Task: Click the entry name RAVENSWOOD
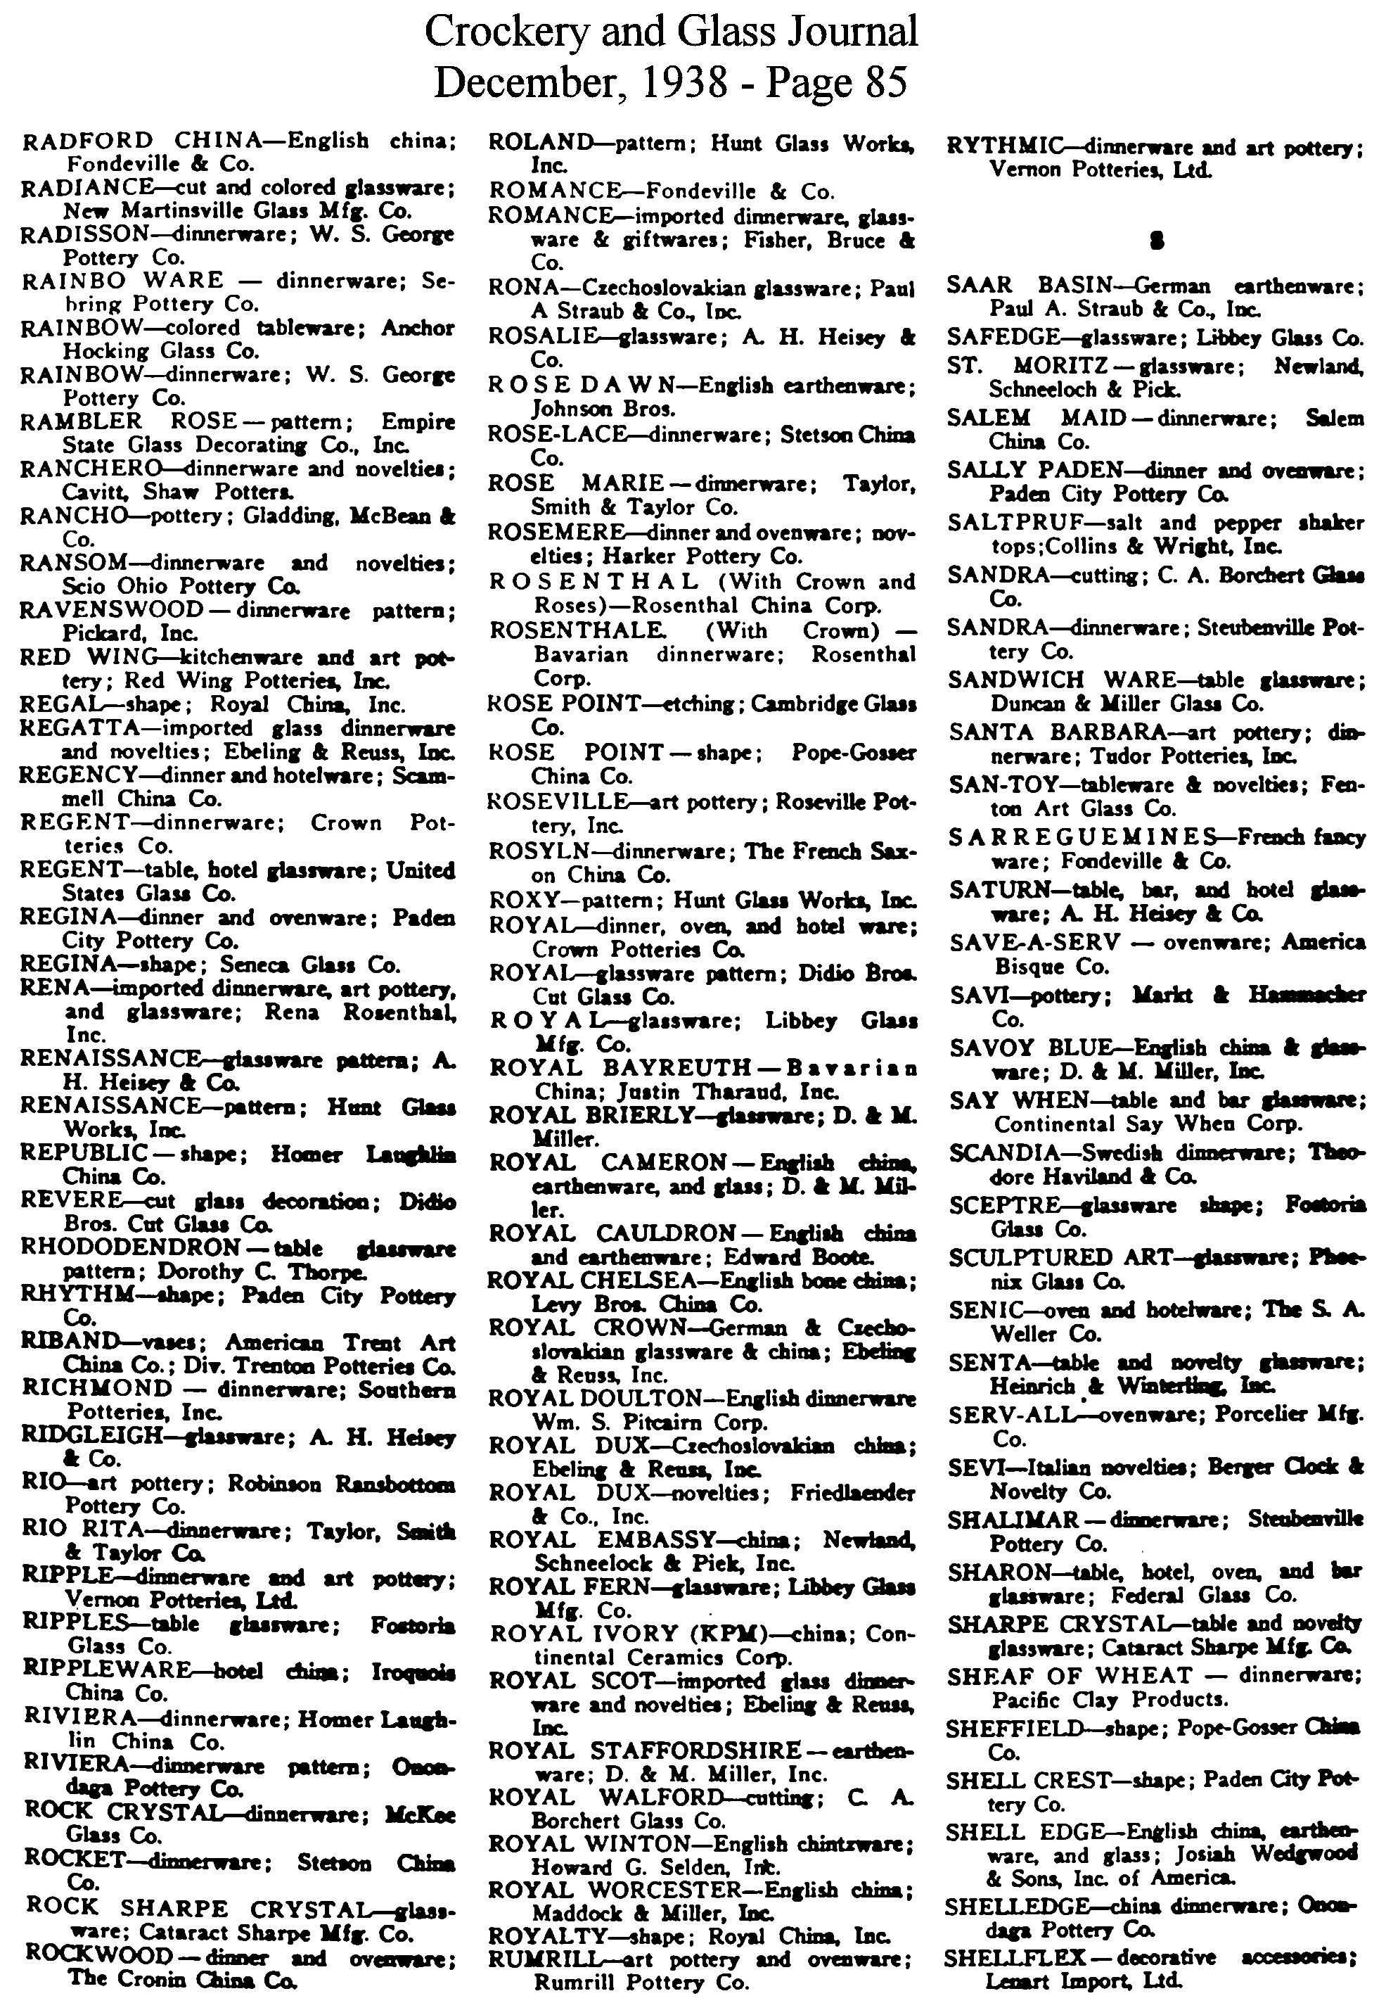coord(111,610)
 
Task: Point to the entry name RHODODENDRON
coord(129,1247)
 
